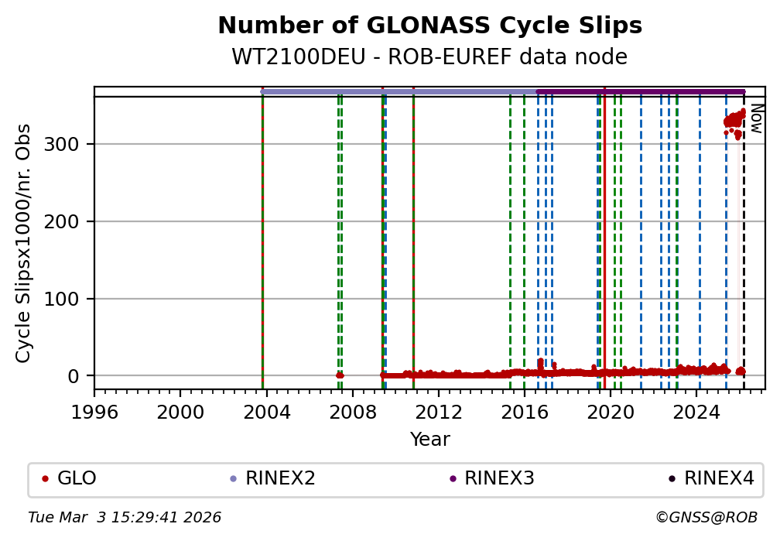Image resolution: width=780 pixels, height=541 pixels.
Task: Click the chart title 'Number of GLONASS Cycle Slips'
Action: tap(429, 26)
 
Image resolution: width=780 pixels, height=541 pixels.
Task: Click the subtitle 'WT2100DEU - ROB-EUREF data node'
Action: tap(429, 57)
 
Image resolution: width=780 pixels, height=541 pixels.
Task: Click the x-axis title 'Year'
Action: tap(429, 440)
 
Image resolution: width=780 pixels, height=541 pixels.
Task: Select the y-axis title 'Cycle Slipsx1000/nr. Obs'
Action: tap(24, 243)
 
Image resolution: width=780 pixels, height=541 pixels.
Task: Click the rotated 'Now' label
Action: tap(756, 120)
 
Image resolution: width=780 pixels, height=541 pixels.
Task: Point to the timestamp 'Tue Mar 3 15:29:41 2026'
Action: tap(125, 517)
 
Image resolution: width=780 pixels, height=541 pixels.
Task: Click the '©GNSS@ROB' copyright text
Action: tap(706, 517)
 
